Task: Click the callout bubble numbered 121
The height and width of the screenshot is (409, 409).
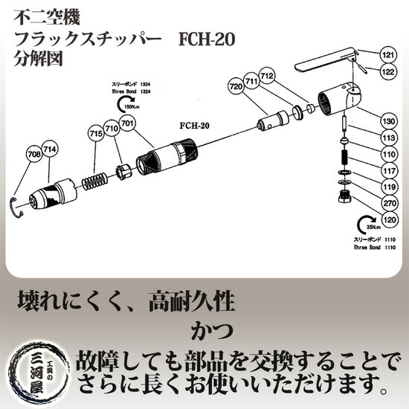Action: click(387, 55)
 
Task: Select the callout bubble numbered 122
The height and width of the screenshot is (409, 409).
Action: click(387, 72)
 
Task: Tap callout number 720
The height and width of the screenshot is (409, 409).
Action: click(236, 88)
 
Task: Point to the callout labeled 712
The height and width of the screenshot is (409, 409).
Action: click(268, 76)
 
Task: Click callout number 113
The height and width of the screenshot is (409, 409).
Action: click(387, 138)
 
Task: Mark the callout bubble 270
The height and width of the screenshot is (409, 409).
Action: click(387, 202)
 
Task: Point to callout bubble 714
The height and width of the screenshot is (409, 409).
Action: click(50, 149)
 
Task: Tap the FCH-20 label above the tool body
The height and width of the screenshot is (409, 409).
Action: click(196, 126)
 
